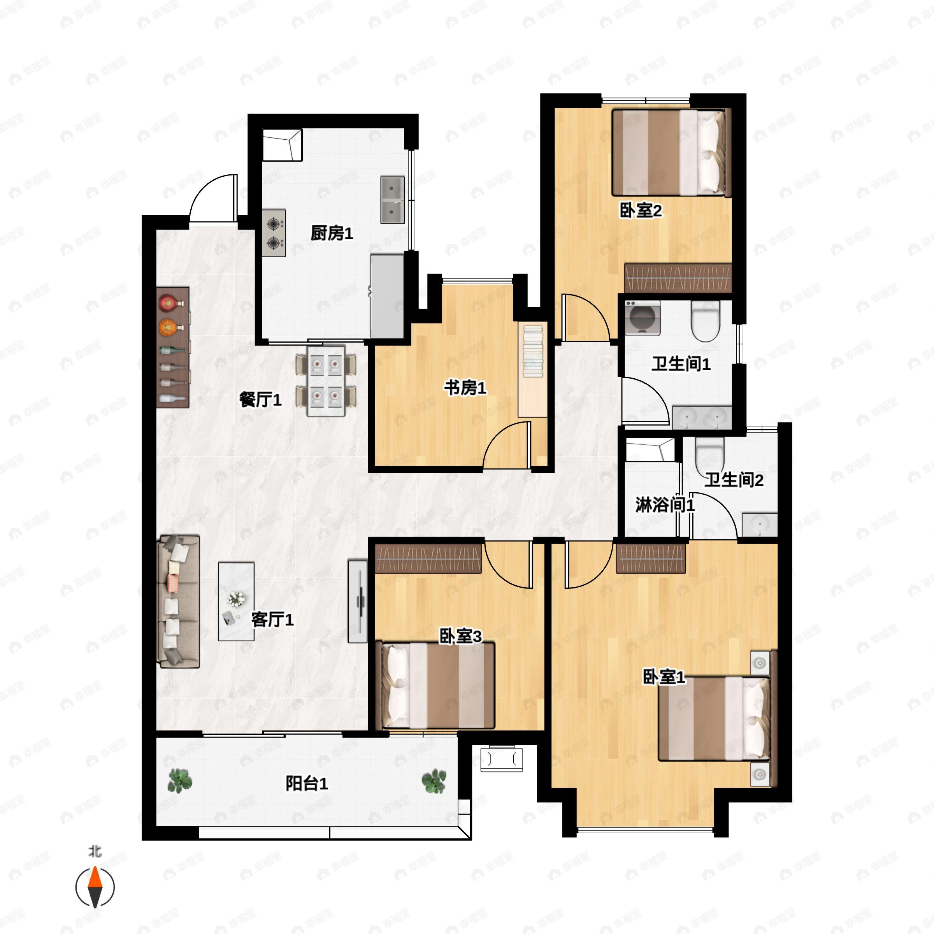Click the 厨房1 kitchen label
tap(332, 233)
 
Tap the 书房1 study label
tap(465, 387)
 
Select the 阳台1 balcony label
tap(307, 783)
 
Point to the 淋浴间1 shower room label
tap(665, 505)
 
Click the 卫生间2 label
tap(733, 480)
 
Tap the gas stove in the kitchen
tap(274, 233)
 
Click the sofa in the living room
tap(178, 601)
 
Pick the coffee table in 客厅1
tap(236, 601)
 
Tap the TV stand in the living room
tap(358, 601)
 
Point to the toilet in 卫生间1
tap(706, 321)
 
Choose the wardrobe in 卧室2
tap(678, 278)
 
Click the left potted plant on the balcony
tap(180, 781)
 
